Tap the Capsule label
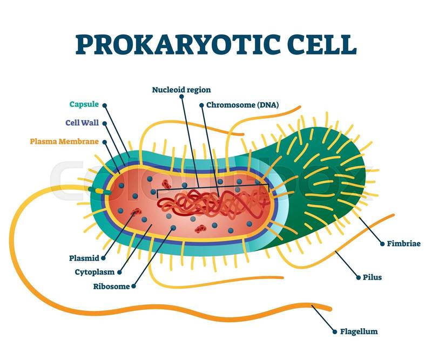[84, 104]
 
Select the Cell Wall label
[82, 123]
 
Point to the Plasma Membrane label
[64, 141]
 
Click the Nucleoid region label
[181, 90]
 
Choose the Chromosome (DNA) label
[242, 105]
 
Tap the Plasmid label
[84, 258]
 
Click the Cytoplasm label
[94, 272]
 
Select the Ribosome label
[111, 287]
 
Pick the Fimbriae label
[403, 243]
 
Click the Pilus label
[372, 277]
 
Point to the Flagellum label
[359, 331]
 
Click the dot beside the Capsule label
[104, 105]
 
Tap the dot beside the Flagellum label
[335, 331]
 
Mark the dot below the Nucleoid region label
[181, 97]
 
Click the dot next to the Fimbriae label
[382, 244]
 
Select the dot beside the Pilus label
[358, 277]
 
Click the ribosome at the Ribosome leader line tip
[173, 228]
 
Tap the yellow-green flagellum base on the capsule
[99, 191]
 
